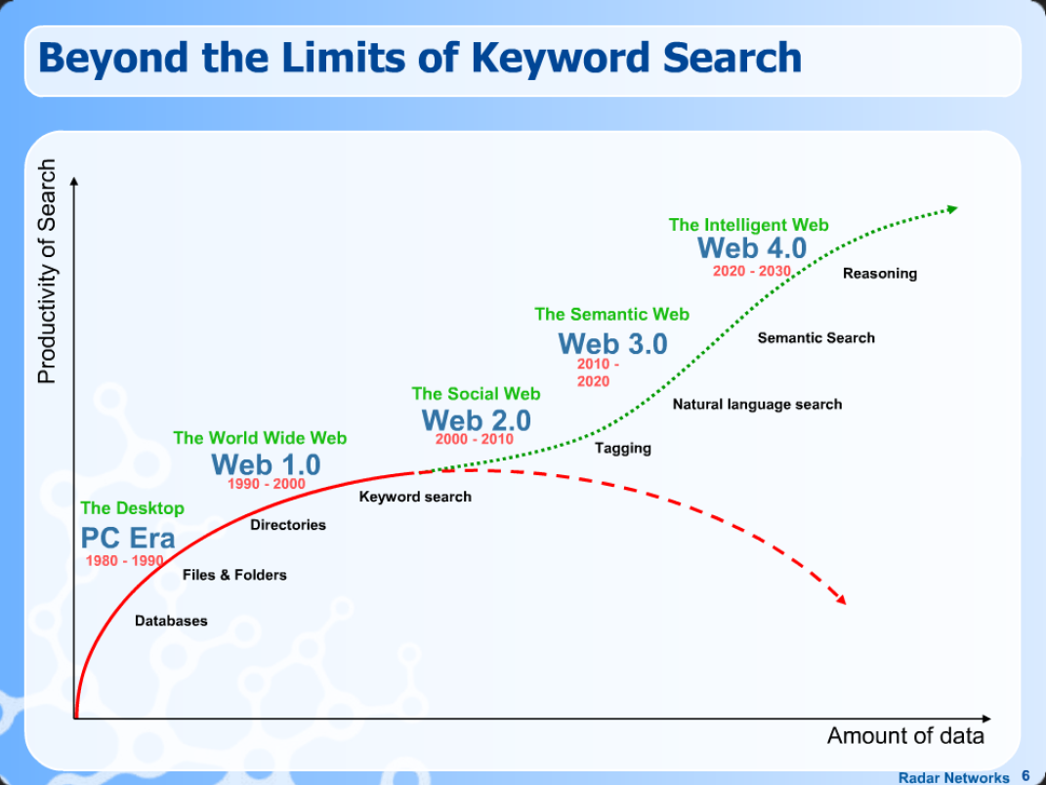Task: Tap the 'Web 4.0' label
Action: click(x=752, y=248)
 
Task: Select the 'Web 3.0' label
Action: click(x=612, y=344)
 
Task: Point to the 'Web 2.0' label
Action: click(x=476, y=420)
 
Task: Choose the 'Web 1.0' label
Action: click(x=266, y=463)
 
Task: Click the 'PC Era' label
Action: click(x=128, y=538)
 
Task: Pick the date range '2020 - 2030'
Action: click(x=751, y=271)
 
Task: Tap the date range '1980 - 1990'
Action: click(x=124, y=561)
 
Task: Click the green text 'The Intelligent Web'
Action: click(x=748, y=225)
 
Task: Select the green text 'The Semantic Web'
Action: click(x=611, y=314)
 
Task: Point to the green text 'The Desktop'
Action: click(x=132, y=508)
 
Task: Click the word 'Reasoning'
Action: click(x=880, y=274)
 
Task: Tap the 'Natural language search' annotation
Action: click(x=757, y=404)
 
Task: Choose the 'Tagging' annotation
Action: click(x=623, y=448)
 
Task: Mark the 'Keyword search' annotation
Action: click(x=415, y=497)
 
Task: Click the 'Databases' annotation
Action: click(x=171, y=621)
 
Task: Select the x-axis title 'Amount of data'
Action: click(x=905, y=736)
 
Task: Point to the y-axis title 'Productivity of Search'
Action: click(x=47, y=272)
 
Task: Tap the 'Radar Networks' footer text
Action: click(x=953, y=778)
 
